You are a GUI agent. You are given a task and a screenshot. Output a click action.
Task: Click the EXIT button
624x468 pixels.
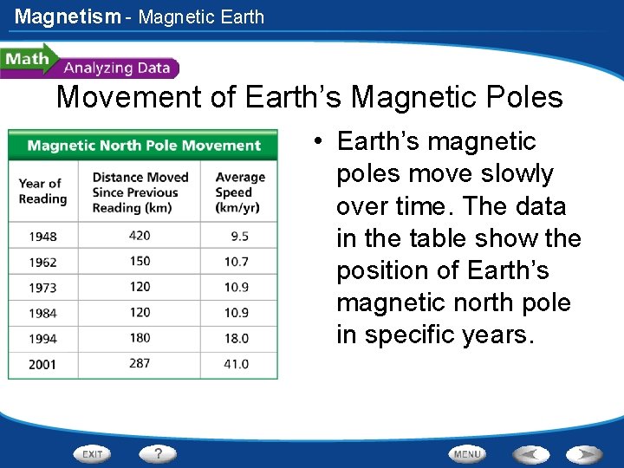(93, 453)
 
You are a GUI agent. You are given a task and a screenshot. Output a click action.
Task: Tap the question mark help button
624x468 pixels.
(159, 453)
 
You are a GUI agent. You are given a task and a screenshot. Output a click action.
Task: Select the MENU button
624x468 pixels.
(467, 453)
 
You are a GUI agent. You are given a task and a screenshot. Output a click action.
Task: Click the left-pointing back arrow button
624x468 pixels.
(531, 453)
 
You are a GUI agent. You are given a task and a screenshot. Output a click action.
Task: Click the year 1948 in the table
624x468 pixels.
(42, 236)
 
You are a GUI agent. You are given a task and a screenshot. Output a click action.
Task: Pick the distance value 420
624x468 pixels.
(139, 235)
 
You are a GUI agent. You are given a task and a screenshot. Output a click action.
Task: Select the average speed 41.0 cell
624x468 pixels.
(237, 364)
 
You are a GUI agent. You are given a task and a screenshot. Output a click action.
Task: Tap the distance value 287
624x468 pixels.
(139, 363)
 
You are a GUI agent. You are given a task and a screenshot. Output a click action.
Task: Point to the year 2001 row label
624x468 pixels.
(42, 365)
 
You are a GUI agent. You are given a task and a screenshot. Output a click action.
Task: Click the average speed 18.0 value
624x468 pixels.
(237, 339)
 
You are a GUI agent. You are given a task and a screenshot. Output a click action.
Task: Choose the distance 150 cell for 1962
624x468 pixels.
(139, 261)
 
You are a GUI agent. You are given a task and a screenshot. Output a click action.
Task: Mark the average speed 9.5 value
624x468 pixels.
(240, 236)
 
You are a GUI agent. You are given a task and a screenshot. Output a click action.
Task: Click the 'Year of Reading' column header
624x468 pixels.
(42, 191)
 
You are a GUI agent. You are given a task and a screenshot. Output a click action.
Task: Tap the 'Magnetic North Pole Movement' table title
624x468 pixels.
(144, 145)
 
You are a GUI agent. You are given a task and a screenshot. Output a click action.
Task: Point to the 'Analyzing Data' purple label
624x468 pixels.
(118, 68)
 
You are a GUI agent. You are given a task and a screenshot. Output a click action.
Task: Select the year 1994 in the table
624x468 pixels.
(42, 339)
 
